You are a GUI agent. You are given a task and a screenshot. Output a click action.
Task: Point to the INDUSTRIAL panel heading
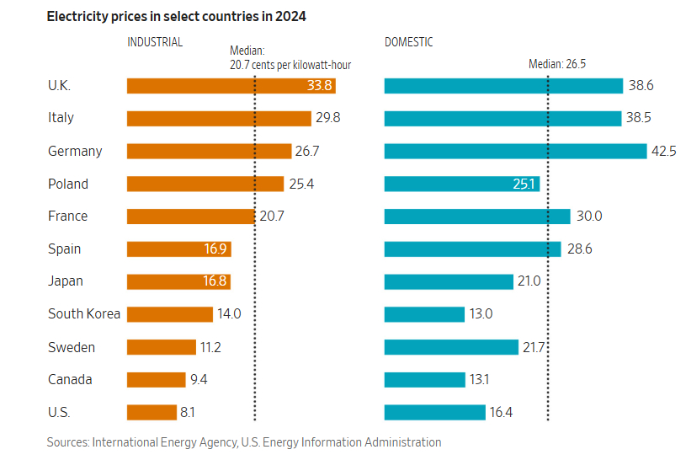pyautogui.click(x=155, y=42)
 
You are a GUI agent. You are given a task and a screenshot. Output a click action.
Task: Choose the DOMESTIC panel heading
pyautogui.click(x=409, y=42)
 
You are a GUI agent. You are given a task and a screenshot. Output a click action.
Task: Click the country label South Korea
pyautogui.click(x=84, y=314)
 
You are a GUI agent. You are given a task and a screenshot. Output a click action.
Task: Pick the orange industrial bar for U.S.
pyautogui.click(x=152, y=412)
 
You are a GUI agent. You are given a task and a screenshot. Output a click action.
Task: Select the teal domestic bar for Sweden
pyautogui.click(x=451, y=347)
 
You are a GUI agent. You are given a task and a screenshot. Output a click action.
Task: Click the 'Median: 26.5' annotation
pyautogui.click(x=557, y=64)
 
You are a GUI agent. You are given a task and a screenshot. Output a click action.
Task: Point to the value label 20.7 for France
pyautogui.click(x=272, y=217)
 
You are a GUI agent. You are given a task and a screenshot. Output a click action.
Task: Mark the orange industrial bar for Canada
pyautogui.click(x=156, y=379)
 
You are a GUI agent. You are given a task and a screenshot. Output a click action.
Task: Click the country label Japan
pyautogui.click(x=66, y=281)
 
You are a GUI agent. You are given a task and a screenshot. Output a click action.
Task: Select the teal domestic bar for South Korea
pyautogui.click(x=424, y=314)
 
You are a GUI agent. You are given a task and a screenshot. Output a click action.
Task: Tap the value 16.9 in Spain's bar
pyautogui.click(x=215, y=249)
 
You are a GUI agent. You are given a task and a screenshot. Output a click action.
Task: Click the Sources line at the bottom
pyautogui.click(x=244, y=442)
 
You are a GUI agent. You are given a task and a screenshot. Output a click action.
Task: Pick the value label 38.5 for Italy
pyautogui.click(x=639, y=118)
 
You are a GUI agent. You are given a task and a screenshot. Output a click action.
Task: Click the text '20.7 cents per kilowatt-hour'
pyautogui.click(x=290, y=64)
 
